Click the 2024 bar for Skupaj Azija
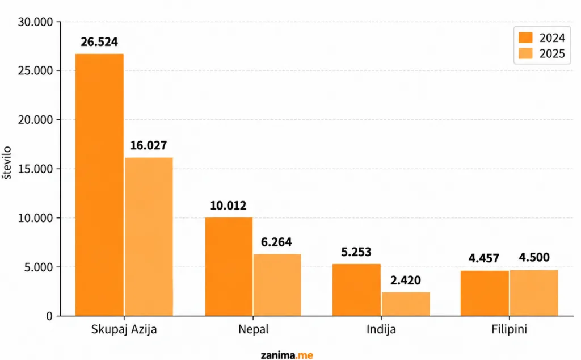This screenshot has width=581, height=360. [x=99, y=185]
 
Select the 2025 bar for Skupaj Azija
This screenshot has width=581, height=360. [x=149, y=237]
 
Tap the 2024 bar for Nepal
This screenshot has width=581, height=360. [x=229, y=266]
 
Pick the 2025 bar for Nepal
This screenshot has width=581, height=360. [x=277, y=284]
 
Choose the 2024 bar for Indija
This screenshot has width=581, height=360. [x=356, y=290]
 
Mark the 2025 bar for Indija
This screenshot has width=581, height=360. [x=406, y=304]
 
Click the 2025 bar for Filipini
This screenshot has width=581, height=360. [x=534, y=293]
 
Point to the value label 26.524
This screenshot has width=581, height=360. [x=99, y=42]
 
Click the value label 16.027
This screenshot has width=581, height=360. [x=149, y=145]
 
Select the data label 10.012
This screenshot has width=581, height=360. [x=228, y=206]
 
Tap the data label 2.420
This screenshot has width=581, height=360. [x=406, y=281]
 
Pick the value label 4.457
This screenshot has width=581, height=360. [x=484, y=258]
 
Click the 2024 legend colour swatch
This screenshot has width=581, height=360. [x=525, y=37]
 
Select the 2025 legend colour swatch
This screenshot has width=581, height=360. [x=525, y=53]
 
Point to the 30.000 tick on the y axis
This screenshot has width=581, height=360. [x=36, y=22]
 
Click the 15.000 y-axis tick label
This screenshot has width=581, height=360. [x=36, y=169]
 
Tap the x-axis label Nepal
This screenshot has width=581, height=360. [x=254, y=329]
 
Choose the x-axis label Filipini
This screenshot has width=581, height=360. [x=509, y=329]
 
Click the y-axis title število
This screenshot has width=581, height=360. [x=7, y=163]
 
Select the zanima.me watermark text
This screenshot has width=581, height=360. [x=287, y=355]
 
